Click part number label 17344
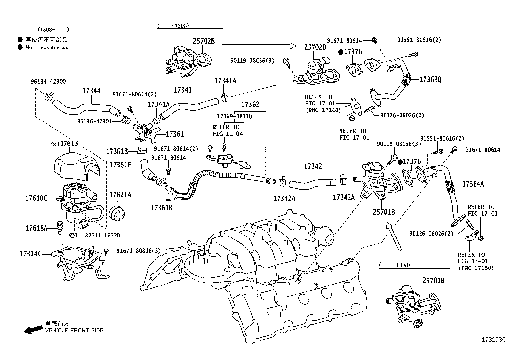91,91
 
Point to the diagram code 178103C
494,340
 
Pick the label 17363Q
430,79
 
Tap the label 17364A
473,184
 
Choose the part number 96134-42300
48,81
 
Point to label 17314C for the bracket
30,253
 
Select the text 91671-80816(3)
139,251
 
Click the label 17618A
37,228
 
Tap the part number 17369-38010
235,116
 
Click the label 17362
250,104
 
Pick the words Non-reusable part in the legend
48,47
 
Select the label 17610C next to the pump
36,198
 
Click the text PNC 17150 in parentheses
476,268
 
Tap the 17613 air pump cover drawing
77,165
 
